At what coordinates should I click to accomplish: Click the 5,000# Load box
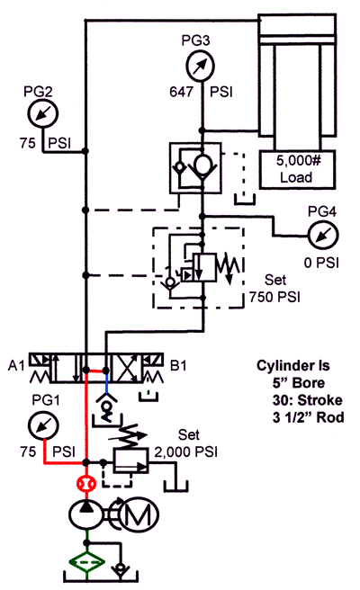point(295,169)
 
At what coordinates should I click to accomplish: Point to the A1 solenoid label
point(14,367)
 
